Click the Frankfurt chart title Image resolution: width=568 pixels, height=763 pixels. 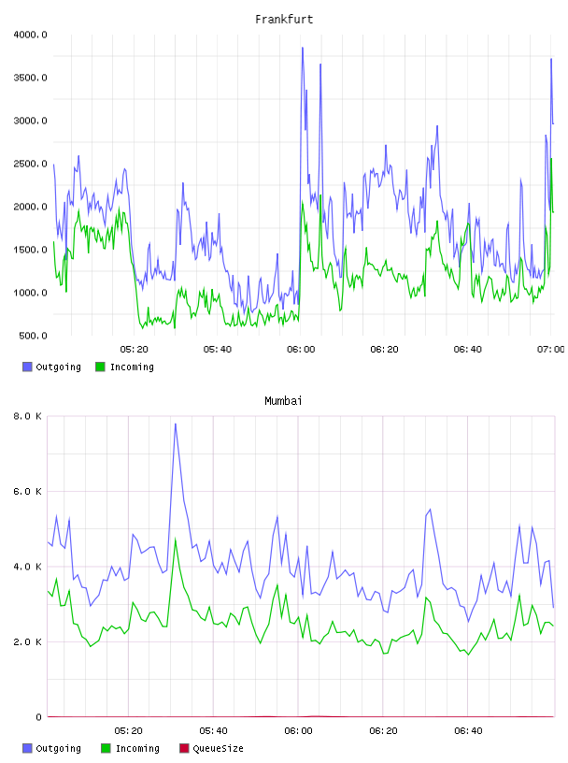point(284,20)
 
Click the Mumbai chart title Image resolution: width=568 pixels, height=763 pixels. point(283,401)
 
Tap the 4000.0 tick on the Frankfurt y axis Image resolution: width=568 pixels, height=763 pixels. point(30,35)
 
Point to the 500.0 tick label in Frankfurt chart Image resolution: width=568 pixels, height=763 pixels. point(33,336)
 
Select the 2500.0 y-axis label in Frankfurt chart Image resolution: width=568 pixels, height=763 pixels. point(30,164)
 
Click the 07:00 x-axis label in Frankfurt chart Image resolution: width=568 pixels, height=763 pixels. point(550,350)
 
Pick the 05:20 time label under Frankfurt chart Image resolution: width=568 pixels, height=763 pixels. point(135,350)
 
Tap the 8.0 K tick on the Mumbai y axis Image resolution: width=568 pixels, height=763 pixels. point(27,416)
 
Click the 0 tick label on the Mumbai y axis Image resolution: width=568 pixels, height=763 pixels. point(39,717)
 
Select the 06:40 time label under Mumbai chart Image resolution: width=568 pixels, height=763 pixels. point(468,731)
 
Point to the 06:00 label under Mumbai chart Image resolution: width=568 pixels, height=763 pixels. point(298,731)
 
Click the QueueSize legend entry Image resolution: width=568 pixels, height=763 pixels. point(211,748)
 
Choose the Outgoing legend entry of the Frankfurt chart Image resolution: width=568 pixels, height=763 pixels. point(52,367)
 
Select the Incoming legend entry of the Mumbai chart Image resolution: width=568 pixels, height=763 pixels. point(131,748)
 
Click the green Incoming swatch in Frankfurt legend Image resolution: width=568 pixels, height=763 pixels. point(100,367)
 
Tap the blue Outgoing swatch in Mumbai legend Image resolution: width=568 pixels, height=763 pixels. point(27,748)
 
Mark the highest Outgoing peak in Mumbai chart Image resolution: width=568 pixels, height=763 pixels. point(176,424)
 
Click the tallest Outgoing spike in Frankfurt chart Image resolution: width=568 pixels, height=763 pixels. point(303,48)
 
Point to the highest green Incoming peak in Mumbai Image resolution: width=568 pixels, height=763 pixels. point(176,539)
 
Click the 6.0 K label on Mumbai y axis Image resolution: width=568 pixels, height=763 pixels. point(27,492)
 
